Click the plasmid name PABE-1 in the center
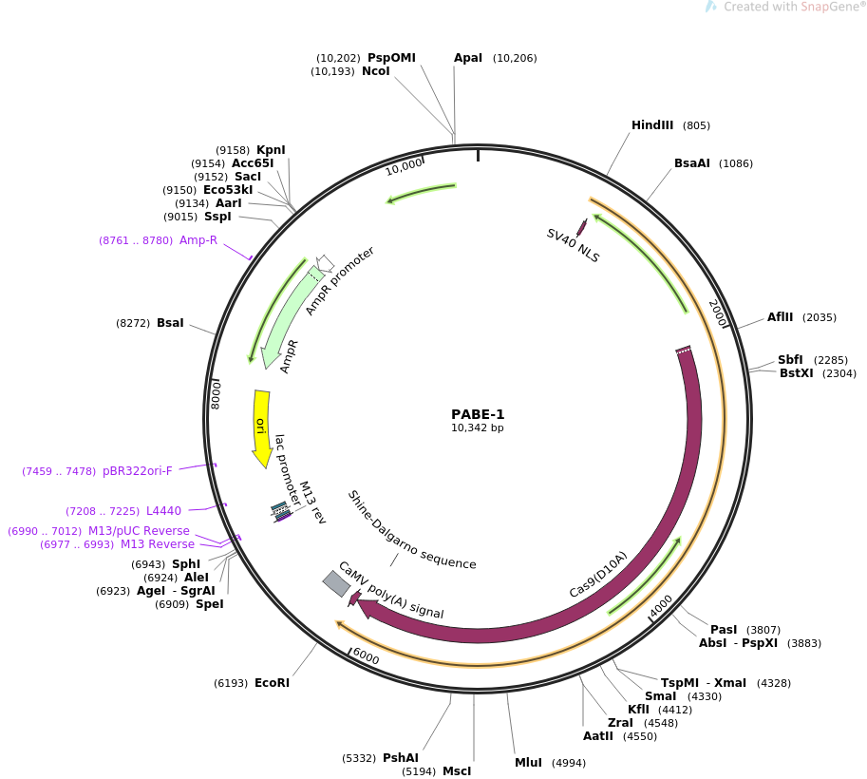point(478,414)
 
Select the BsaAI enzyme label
point(692,163)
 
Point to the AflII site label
point(782,317)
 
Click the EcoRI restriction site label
point(272,683)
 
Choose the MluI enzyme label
point(529,763)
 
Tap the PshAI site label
point(401,758)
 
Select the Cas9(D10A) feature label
point(598,575)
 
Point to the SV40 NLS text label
point(573,245)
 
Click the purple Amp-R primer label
point(198,240)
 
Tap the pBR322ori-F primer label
point(138,471)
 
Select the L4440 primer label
point(163,511)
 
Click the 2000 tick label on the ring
point(718,313)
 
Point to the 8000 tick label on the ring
point(217,393)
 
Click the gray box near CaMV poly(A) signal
point(336,583)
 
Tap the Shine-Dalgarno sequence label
point(411,529)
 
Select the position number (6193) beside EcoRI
point(231,683)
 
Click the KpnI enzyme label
point(271,150)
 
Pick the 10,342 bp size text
point(478,428)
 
